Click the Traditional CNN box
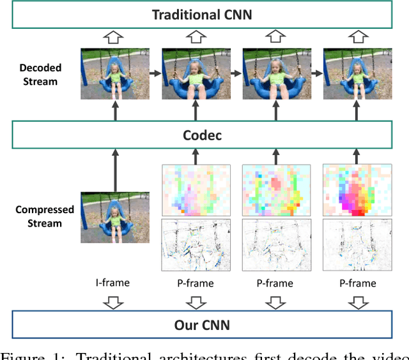[x=201, y=14]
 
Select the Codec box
[x=201, y=134]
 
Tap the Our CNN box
[x=201, y=325]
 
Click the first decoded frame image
[x=115, y=73]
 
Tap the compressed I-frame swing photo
[x=115, y=218]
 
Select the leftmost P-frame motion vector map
[x=196, y=190]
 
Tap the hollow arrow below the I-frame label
[x=115, y=302]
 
